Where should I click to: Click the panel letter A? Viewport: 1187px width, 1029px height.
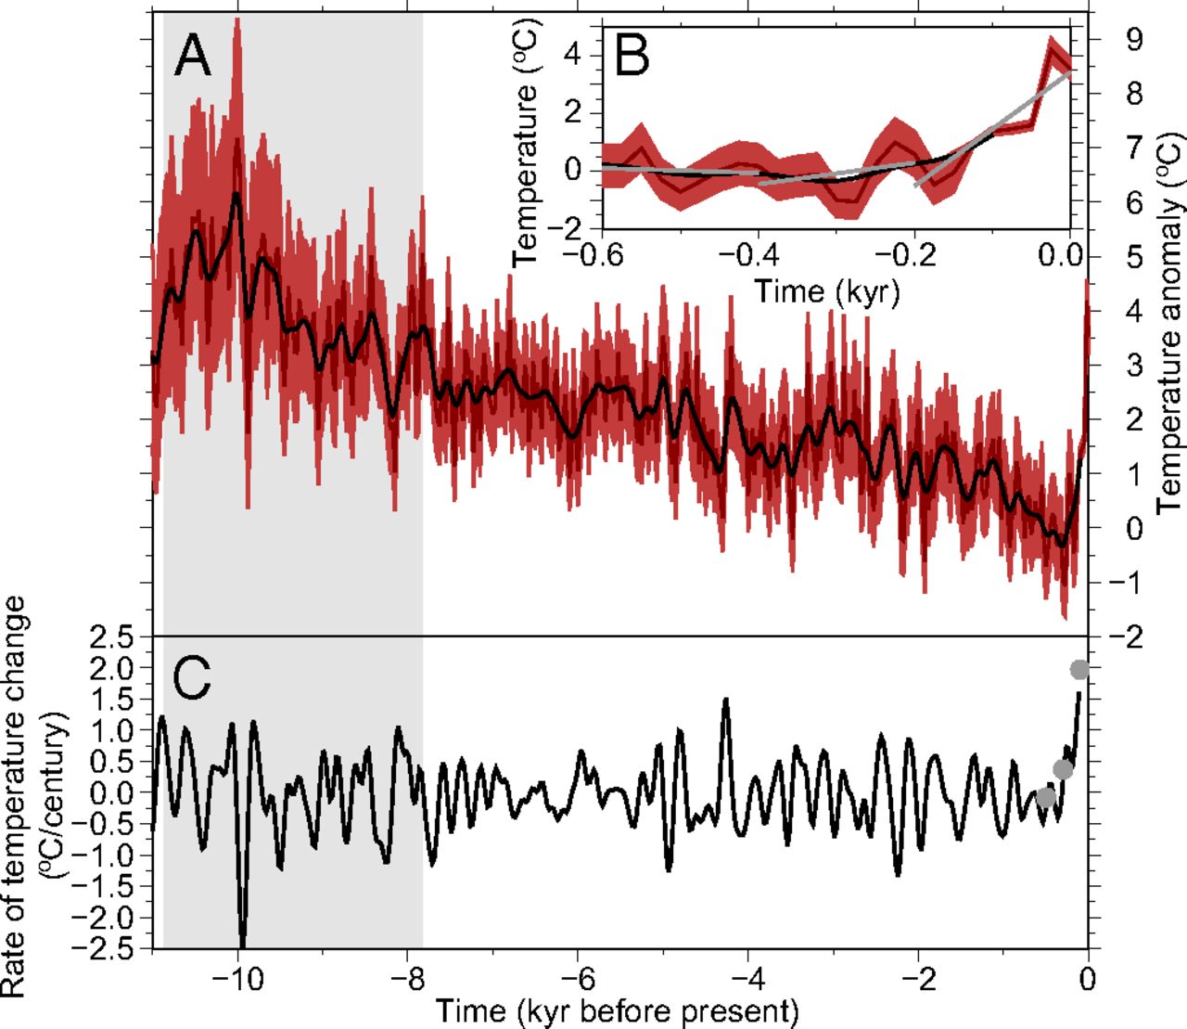tap(192, 55)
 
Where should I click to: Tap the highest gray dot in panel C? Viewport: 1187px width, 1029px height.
tap(1079, 669)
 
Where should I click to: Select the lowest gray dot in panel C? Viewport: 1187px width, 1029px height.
tap(1046, 797)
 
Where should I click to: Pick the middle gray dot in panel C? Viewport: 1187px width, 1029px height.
tap(1063, 768)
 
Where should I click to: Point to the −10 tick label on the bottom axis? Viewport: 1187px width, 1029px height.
tap(238, 979)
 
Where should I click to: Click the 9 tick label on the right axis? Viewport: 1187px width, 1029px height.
tap(1135, 40)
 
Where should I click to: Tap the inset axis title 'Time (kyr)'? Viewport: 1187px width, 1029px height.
tap(827, 290)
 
